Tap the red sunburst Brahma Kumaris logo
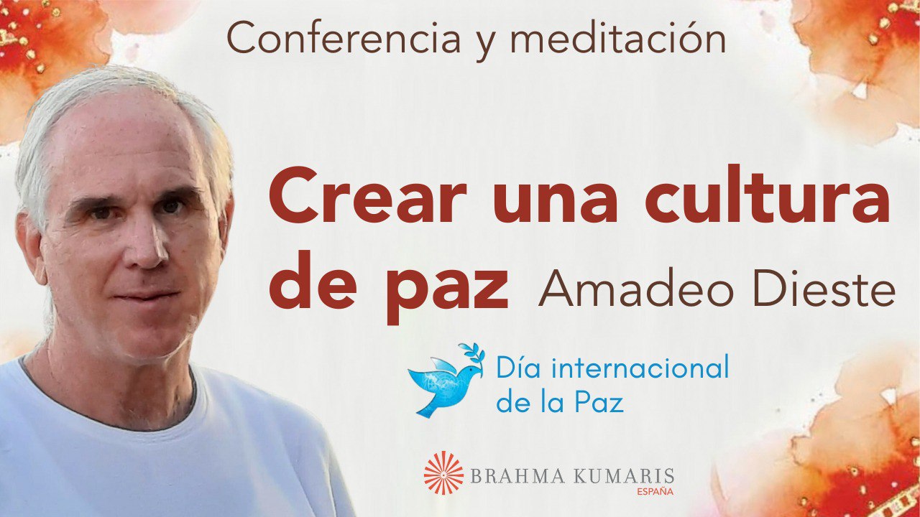pyautogui.click(x=443, y=472)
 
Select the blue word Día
pyautogui.click(x=515, y=369)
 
